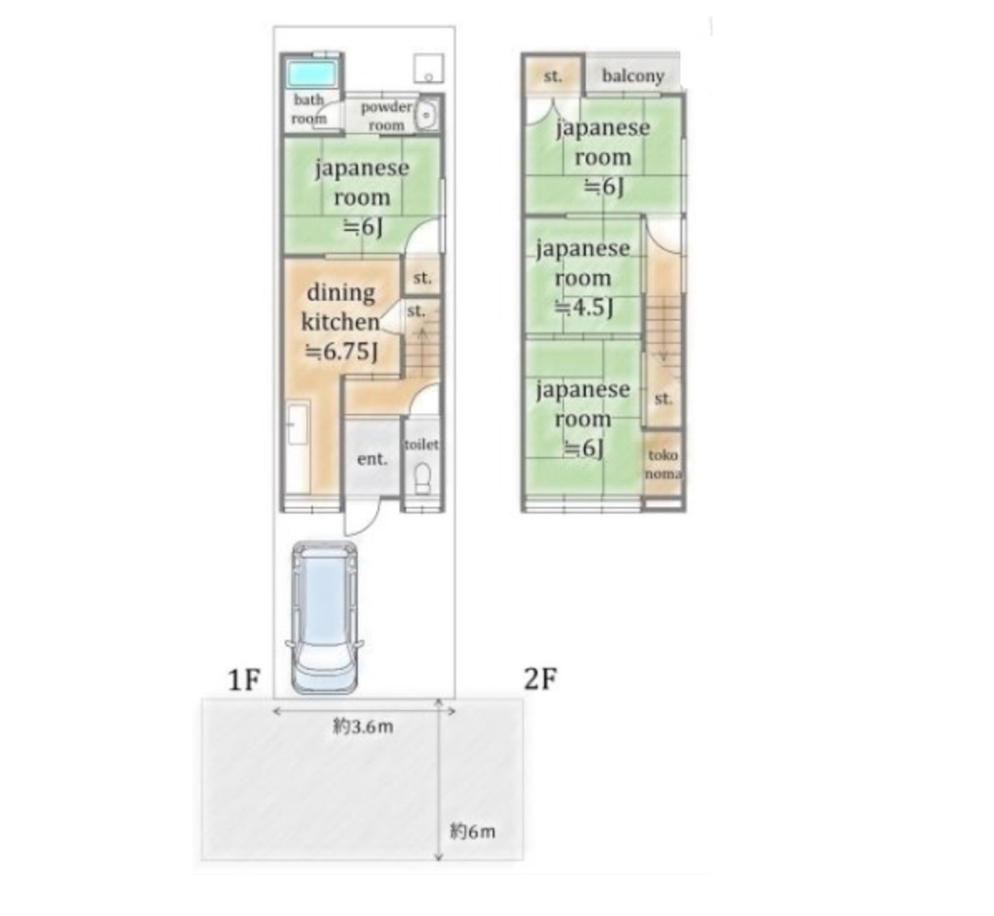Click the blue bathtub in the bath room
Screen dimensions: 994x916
pos(312,74)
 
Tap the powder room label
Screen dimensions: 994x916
pos(386,116)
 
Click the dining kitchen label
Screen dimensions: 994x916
pos(341,307)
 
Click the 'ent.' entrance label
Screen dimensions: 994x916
pos(372,459)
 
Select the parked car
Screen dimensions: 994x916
pos(324,617)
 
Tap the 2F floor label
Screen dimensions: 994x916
pos(541,679)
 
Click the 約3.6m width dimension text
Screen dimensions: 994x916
pos(364,727)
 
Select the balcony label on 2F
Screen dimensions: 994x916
pos(633,76)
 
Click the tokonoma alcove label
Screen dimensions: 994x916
pos(664,464)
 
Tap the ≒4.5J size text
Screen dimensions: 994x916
pos(583,308)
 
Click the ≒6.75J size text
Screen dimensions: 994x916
pos(340,352)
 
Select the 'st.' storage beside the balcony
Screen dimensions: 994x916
pos(553,76)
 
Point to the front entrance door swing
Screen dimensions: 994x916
pos(361,518)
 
